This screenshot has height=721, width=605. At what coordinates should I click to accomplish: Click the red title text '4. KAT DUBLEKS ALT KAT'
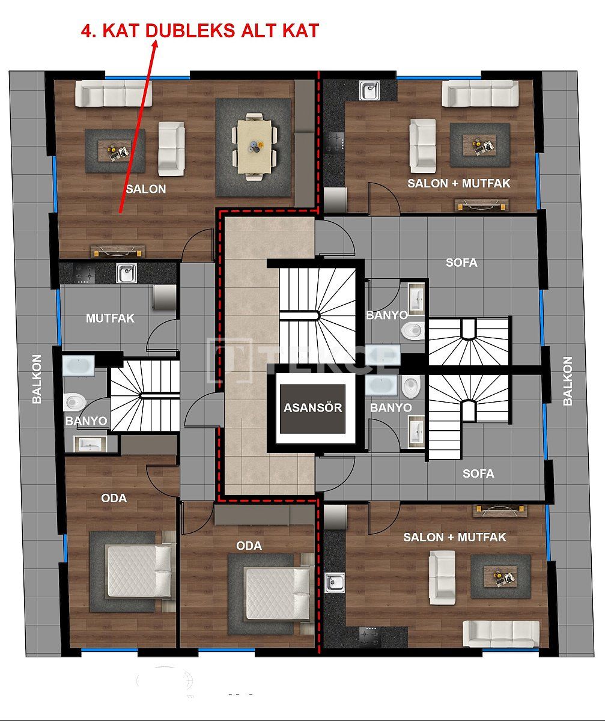pyautogui.click(x=200, y=31)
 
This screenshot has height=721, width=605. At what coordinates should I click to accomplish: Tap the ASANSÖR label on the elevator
pyautogui.click(x=312, y=407)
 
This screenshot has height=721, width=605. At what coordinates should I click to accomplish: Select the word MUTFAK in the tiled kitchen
pyautogui.click(x=110, y=318)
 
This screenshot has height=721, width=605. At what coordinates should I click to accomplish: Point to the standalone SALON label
pyautogui.click(x=145, y=189)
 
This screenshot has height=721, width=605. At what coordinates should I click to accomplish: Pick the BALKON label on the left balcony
pyautogui.click(x=37, y=379)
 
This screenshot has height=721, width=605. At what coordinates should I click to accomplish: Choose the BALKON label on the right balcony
pyautogui.click(x=568, y=381)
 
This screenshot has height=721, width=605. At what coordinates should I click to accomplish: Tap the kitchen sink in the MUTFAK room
pyautogui.click(x=126, y=273)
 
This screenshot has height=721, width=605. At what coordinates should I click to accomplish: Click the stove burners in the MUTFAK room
pyautogui.click(x=84, y=273)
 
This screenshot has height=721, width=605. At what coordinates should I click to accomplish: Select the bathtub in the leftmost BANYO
pyautogui.click(x=79, y=365)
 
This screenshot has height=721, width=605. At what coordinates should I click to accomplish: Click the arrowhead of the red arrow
pyautogui.click(x=154, y=46)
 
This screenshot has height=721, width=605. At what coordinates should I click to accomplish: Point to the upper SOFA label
pyautogui.click(x=461, y=263)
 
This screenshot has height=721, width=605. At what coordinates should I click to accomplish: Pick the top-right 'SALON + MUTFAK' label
pyautogui.click(x=458, y=183)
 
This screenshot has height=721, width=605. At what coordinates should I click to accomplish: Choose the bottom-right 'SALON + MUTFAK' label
pyautogui.click(x=454, y=537)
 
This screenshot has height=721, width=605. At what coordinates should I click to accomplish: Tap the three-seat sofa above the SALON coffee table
pyautogui.click(x=114, y=94)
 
